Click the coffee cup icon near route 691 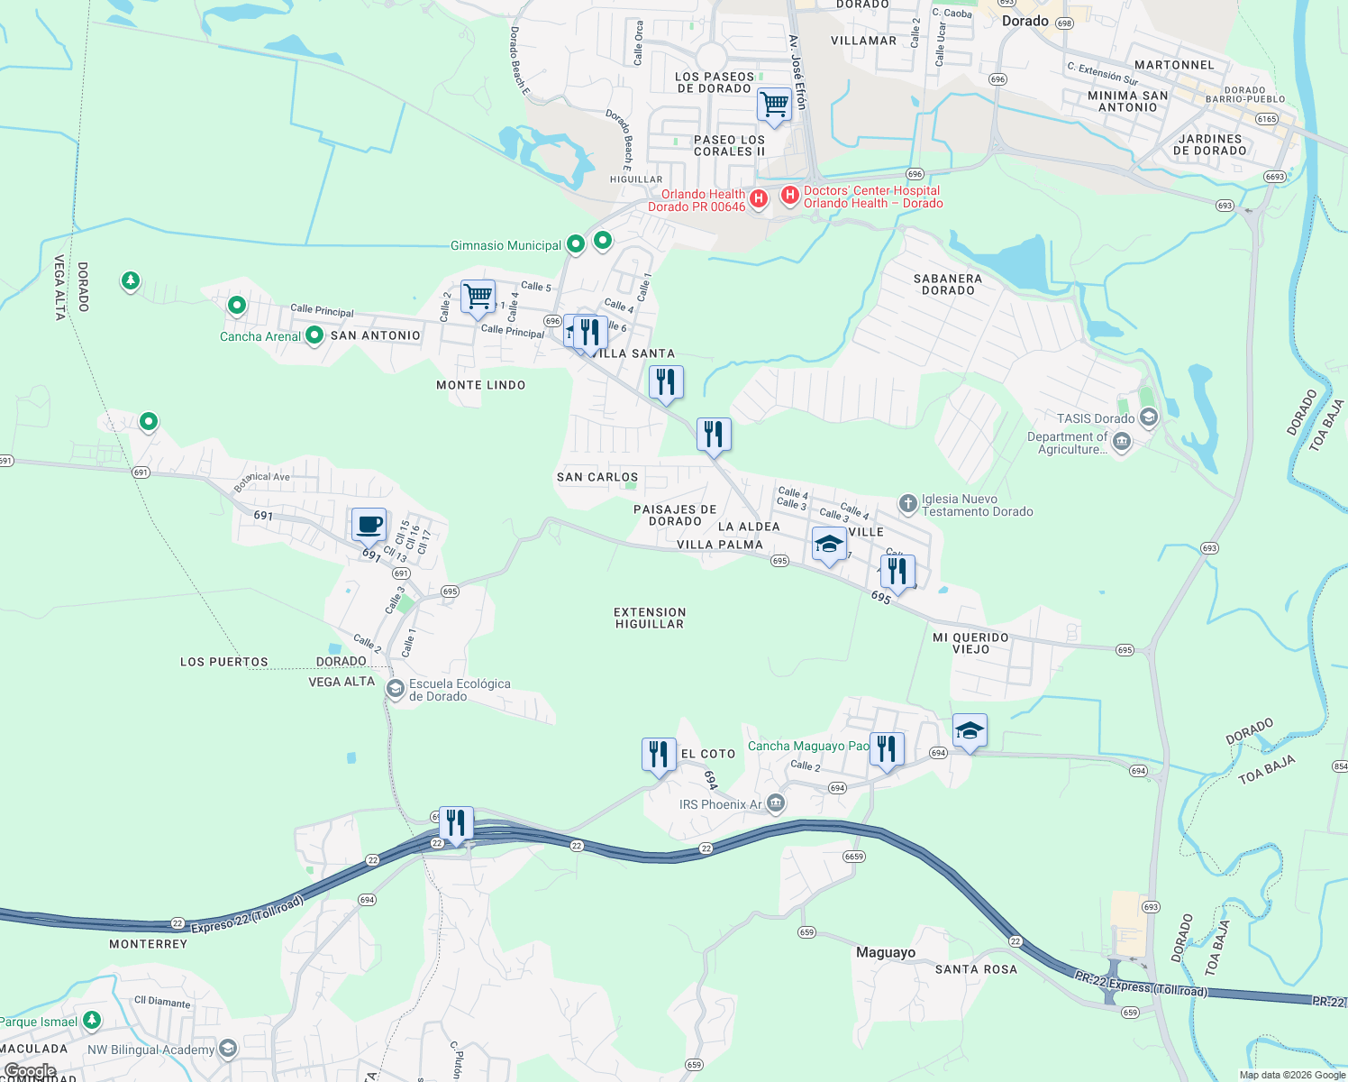click(369, 524)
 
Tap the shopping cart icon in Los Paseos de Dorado click(774, 105)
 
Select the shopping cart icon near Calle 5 click(478, 297)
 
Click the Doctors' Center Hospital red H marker click(790, 196)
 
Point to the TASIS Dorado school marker click(1148, 417)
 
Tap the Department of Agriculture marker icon click(1122, 442)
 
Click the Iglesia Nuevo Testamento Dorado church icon click(908, 503)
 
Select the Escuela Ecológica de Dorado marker click(396, 689)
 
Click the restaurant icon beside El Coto click(659, 754)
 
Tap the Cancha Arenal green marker click(314, 336)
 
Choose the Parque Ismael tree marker click(91, 1020)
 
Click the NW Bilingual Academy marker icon click(228, 1048)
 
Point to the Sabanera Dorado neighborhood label click(948, 284)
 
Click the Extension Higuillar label click(650, 618)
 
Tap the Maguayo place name click(885, 952)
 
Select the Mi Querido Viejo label click(970, 643)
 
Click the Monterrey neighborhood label click(148, 944)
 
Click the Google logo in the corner click(30, 1071)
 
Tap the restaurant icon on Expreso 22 click(456, 823)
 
